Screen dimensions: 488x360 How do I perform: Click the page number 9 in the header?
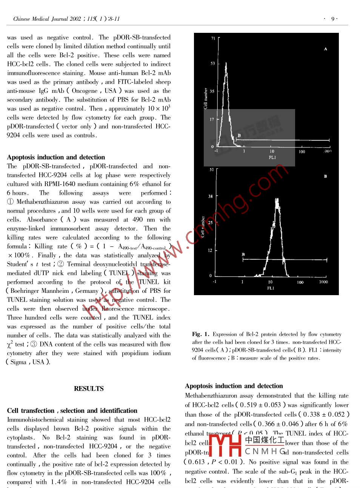pyautogui.click(x=332, y=19)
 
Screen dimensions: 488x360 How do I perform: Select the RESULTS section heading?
pyautogui.click(x=89, y=388)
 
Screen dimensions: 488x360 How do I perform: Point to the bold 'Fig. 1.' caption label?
pyautogui.click(x=201, y=334)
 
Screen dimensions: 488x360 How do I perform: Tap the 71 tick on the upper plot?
pyautogui.click(x=213, y=38)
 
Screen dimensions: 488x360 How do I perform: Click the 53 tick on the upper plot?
pyautogui.click(x=213, y=63)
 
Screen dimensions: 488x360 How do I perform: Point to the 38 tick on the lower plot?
pyautogui.click(x=210, y=196)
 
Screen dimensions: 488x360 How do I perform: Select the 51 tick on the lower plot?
pyautogui.click(x=212, y=170)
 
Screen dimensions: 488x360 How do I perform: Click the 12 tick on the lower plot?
pyautogui.click(x=210, y=250)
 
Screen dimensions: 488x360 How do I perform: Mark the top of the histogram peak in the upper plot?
pyautogui.click(x=226, y=63)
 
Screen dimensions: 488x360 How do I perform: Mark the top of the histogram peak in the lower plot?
pyautogui.click(x=277, y=199)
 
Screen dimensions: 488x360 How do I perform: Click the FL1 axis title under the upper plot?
pyautogui.click(x=272, y=157)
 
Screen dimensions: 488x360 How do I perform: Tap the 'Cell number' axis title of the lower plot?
pyautogui.click(x=203, y=226)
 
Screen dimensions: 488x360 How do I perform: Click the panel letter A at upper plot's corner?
pyautogui.click(x=325, y=49)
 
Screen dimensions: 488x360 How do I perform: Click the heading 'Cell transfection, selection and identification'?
pyautogui.click(x=72, y=411)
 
